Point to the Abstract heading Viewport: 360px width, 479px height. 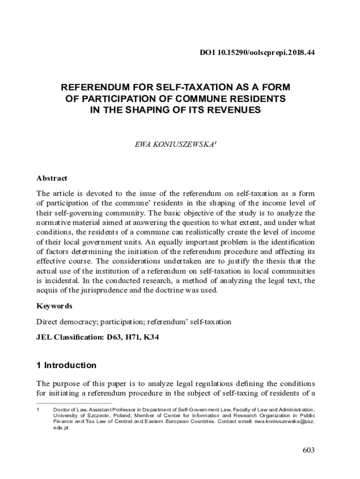52,178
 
